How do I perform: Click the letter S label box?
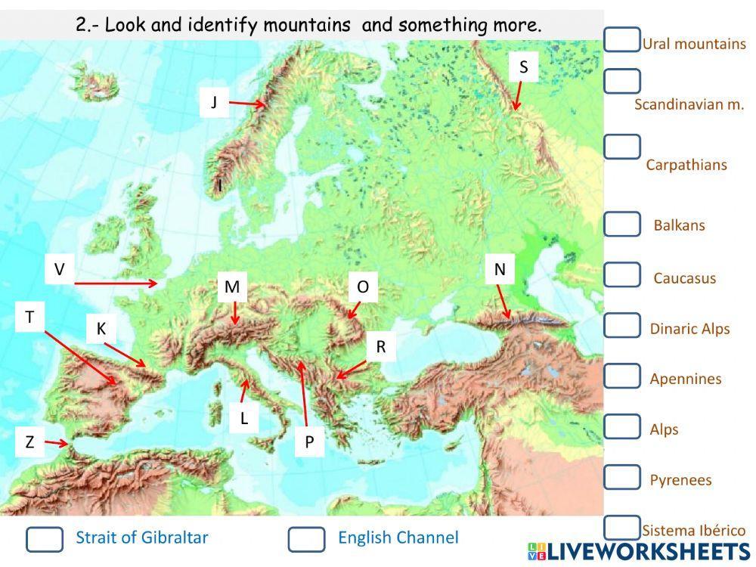(523, 67)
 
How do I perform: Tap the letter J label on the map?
(214, 102)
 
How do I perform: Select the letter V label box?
(60, 269)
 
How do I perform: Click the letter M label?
(232, 287)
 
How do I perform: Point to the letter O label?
(363, 287)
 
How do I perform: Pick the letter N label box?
(500, 269)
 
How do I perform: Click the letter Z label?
(29, 442)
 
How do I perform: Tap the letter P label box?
(309, 442)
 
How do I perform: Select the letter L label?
(244, 418)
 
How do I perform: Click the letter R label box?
(381, 347)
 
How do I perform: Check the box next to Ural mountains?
(622, 39)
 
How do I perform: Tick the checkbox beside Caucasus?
(622, 274)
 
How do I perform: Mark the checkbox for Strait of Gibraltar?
(45, 539)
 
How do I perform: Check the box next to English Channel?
(306, 539)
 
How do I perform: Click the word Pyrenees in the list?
(680, 480)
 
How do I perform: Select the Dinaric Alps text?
(689, 329)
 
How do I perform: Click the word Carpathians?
(686, 165)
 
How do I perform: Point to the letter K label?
(101, 329)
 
